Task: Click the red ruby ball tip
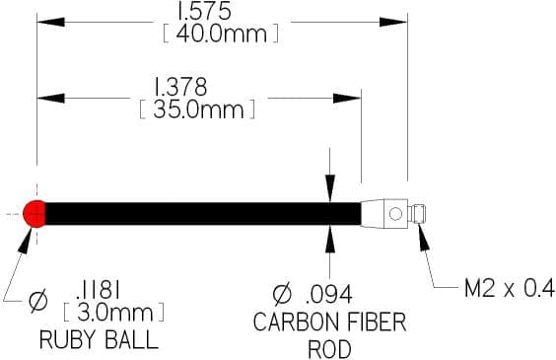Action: [x=35, y=213]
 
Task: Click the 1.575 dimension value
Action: [x=204, y=11]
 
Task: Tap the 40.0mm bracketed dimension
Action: [x=221, y=35]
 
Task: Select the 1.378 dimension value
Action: [x=180, y=87]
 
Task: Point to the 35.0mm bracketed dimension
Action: [x=197, y=109]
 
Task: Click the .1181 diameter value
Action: [x=99, y=291]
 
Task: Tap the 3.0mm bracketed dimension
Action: [x=113, y=312]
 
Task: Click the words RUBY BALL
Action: [x=99, y=339]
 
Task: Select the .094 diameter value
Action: [x=329, y=294]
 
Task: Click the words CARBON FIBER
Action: [x=330, y=323]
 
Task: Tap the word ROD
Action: [x=330, y=349]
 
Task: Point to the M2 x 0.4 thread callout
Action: [x=510, y=288]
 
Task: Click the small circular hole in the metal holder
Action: [x=395, y=214]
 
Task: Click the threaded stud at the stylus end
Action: [x=417, y=214]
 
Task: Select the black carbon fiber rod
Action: [x=203, y=213]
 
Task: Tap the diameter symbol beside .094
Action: [x=282, y=294]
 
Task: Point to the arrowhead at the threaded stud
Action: [x=423, y=237]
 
